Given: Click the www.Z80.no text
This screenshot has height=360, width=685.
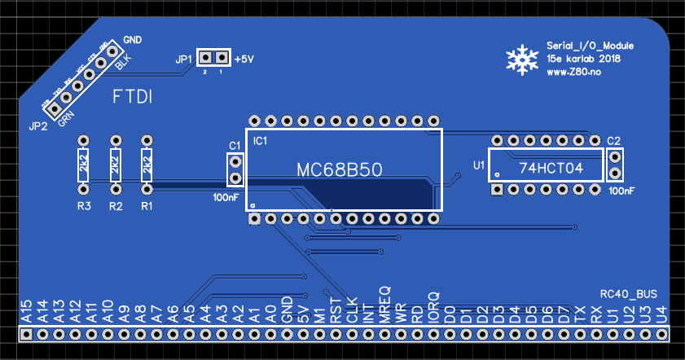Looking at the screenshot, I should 573,72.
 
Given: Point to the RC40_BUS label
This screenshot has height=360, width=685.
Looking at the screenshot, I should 628,293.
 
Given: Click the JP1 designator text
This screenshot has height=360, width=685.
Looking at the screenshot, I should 184,59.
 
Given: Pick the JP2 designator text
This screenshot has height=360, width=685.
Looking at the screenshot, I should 37,126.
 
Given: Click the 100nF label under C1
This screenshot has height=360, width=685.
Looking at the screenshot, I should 226,197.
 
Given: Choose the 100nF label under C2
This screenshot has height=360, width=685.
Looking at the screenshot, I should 621,191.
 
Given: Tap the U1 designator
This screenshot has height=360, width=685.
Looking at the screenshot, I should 479,166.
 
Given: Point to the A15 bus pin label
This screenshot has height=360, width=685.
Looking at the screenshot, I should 26,311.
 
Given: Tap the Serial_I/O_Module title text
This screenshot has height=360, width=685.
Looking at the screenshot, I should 584,46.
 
